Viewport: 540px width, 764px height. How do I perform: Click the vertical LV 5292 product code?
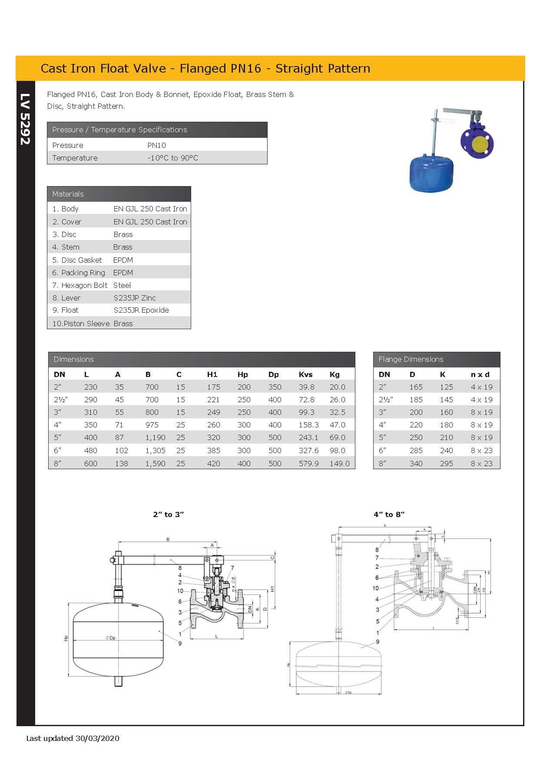click(25, 119)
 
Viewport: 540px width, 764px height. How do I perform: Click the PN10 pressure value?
click(156, 145)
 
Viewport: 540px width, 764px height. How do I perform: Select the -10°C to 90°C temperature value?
click(172, 158)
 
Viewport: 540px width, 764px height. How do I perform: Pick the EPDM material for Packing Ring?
click(123, 273)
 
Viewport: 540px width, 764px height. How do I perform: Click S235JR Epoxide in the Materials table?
click(141, 310)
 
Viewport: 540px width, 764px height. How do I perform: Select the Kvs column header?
click(305, 374)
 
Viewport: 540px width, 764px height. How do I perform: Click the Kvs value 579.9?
click(308, 464)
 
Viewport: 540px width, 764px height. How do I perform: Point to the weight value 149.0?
click(339, 464)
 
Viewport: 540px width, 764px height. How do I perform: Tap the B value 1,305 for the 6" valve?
click(155, 450)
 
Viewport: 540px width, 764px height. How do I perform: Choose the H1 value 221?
click(213, 400)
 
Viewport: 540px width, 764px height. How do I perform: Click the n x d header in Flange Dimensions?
click(480, 374)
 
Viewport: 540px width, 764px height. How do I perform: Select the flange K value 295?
click(446, 464)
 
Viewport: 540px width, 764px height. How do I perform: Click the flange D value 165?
click(416, 387)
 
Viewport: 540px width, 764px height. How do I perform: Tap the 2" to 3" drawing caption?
click(169, 514)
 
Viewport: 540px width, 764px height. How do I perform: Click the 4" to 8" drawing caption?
click(389, 514)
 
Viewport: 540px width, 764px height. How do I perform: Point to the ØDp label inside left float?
click(110, 638)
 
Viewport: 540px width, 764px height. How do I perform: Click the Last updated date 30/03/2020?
click(97, 738)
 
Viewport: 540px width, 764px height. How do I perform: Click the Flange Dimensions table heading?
click(411, 359)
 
